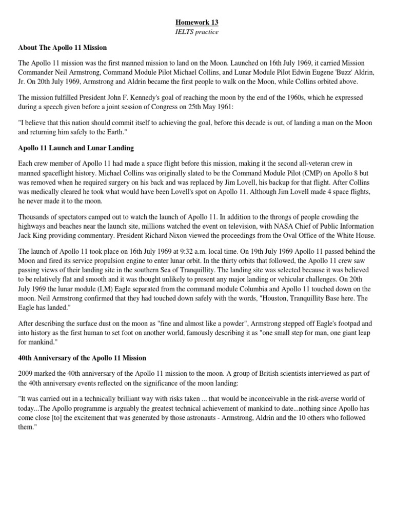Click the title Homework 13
coord(197,23)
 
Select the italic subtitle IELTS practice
coord(197,32)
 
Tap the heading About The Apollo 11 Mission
coord(63,48)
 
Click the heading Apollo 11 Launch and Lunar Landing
coord(76,148)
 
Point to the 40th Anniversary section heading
coord(82,357)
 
